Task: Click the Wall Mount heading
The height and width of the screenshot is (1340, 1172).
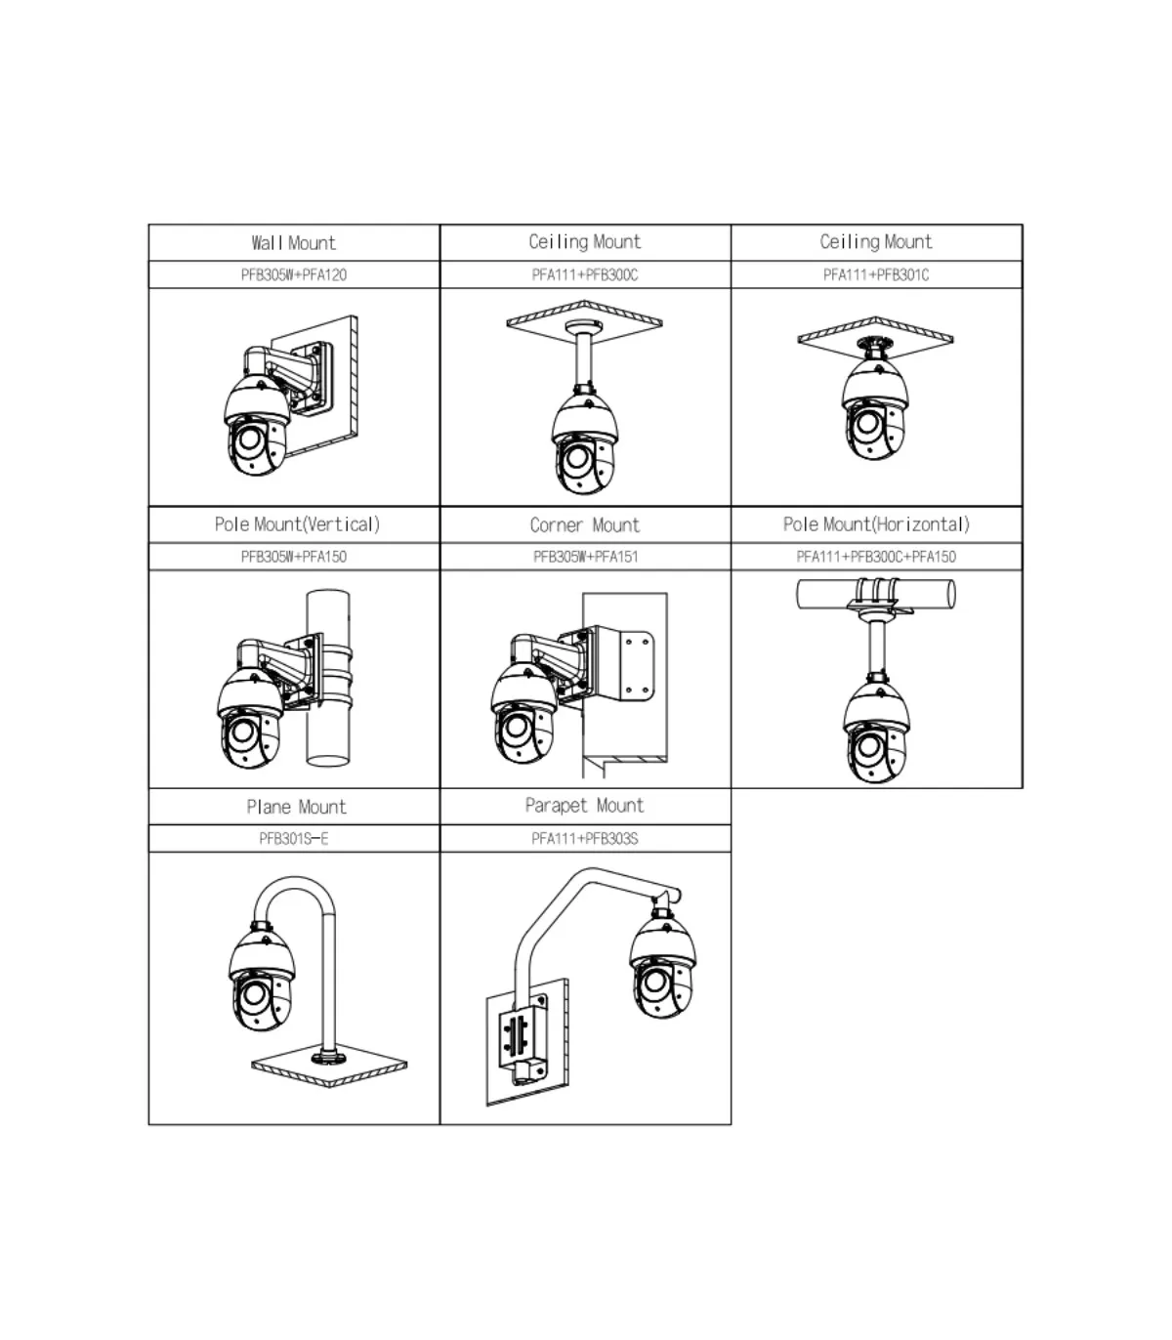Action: pyautogui.click(x=293, y=243)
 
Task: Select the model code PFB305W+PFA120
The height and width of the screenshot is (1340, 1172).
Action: pyautogui.click(x=293, y=275)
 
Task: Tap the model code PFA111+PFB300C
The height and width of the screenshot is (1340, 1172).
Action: pyautogui.click(x=585, y=275)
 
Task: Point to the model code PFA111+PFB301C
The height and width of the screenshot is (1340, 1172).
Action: pyautogui.click(x=876, y=275)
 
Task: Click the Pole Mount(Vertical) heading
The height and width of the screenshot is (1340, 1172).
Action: pyautogui.click(x=297, y=524)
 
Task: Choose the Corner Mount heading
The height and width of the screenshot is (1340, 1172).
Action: pyautogui.click(x=585, y=525)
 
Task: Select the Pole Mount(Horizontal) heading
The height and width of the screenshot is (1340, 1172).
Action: pyautogui.click(x=876, y=524)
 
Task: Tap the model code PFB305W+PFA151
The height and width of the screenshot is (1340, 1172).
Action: pyautogui.click(x=585, y=557)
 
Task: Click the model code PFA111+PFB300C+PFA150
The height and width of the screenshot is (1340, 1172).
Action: pyautogui.click(x=876, y=557)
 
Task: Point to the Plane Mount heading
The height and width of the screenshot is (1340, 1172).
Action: pyautogui.click(x=296, y=807)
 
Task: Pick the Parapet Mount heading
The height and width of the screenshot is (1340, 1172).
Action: pyautogui.click(x=585, y=806)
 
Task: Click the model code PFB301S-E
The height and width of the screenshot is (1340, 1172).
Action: pyautogui.click(x=293, y=839)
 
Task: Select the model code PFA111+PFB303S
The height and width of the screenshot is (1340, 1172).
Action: pyautogui.click(x=585, y=839)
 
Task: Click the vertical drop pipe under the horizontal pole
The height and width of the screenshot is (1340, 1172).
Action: pyautogui.click(x=877, y=648)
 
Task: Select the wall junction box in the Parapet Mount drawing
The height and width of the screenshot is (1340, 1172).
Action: pyautogui.click(x=522, y=1042)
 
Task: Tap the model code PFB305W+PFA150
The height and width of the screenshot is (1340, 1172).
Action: pyautogui.click(x=293, y=557)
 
